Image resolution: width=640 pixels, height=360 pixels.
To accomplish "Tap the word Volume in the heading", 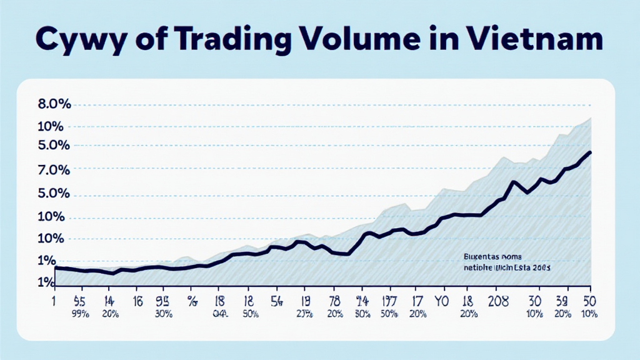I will pos(378,39).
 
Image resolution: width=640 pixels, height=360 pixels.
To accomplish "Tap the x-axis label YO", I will pos(441,299).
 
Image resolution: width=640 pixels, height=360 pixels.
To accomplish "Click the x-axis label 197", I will pos(389,299).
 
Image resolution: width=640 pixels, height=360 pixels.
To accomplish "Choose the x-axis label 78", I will pos(334,299).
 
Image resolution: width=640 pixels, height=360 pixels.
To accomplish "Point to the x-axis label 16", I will pos(138,299).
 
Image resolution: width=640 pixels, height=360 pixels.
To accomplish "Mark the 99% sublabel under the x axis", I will pos(79,312).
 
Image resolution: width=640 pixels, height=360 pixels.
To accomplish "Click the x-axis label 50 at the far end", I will pos(586,299).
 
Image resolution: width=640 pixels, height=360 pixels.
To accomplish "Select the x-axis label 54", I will pos(276,299).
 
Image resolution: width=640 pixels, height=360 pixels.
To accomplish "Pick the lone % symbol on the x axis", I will pos(192,300).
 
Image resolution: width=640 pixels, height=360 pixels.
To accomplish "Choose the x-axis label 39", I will pos(562,299).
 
